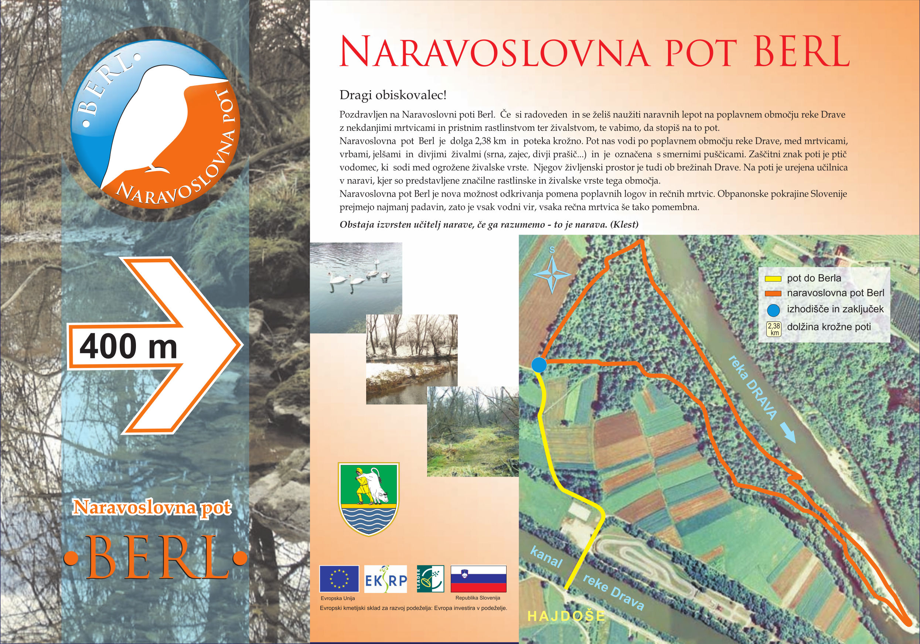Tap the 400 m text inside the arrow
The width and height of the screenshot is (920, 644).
pos(128,347)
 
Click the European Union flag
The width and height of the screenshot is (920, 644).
pos(339,579)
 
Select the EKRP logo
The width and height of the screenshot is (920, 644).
pos(385,579)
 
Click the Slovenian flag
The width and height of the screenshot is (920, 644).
pos(478,579)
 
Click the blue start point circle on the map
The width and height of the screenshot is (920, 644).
pos(539,365)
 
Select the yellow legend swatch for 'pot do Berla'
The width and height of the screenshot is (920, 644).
pos(773,279)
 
